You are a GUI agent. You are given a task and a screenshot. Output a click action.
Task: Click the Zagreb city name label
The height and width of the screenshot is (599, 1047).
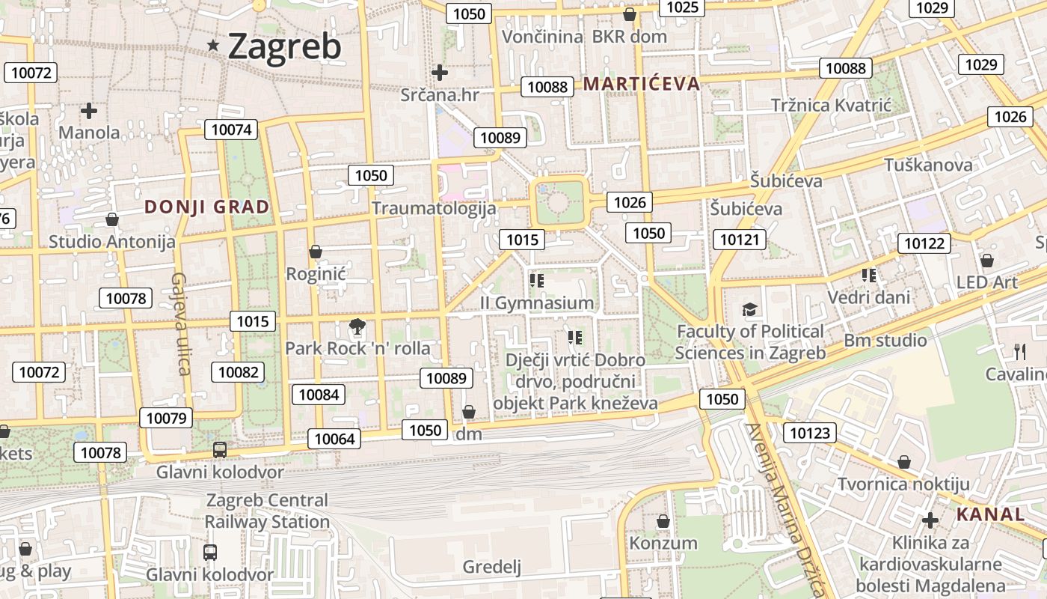click(x=284, y=46)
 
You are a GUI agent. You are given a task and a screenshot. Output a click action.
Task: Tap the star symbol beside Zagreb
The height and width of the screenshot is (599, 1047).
click(x=214, y=46)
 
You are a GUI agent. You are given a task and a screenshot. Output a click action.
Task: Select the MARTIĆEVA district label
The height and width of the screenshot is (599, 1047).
click(x=642, y=84)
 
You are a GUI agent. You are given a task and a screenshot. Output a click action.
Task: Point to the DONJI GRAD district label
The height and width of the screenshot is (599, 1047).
click(x=206, y=207)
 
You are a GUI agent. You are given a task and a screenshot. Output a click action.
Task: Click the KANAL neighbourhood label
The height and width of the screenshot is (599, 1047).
click(x=990, y=514)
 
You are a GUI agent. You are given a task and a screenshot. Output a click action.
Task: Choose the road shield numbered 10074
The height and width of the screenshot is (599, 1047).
click(x=231, y=130)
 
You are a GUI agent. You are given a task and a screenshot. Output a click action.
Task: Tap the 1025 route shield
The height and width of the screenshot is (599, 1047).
click(x=682, y=7)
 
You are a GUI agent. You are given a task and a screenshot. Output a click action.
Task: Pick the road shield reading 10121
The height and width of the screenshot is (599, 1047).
click(x=740, y=240)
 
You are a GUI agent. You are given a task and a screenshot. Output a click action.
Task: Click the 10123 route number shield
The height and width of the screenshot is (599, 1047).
click(x=810, y=433)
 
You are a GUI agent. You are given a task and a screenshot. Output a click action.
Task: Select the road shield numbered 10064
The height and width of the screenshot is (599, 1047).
click(x=335, y=439)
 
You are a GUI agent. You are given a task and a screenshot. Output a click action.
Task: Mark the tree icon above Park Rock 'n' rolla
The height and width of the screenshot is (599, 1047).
click(x=357, y=326)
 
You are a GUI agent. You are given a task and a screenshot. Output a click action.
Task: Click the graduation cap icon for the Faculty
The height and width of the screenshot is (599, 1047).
click(x=749, y=309)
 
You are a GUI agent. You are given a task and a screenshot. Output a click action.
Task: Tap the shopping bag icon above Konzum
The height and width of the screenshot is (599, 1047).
click(x=663, y=521)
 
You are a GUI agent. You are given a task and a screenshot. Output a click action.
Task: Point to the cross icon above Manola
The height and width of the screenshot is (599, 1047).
click(x=89, y=112)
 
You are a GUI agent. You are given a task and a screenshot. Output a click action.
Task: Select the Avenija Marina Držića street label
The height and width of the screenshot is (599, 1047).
click(x=789, y=509)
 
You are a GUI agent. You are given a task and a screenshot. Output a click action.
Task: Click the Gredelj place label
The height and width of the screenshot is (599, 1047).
click(x=491, y=567)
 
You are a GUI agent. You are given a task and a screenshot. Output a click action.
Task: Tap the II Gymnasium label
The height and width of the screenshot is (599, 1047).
click(x=537, y=303)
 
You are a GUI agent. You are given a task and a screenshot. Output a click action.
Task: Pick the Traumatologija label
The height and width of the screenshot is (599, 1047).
click(x=434, y=208)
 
